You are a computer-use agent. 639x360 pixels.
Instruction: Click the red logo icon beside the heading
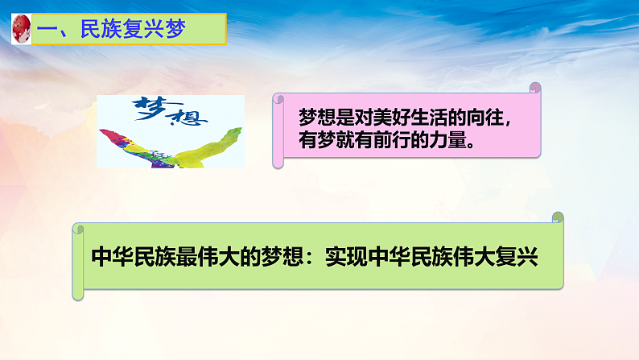coord(19,30)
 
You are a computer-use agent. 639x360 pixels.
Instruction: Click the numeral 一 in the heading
coord(50,31)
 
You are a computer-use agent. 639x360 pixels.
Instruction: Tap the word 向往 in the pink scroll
coord(484,118)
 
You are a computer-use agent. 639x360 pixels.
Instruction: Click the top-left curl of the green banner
coord(78,229)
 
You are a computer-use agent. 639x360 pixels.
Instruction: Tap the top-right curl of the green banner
coord(558,217)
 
